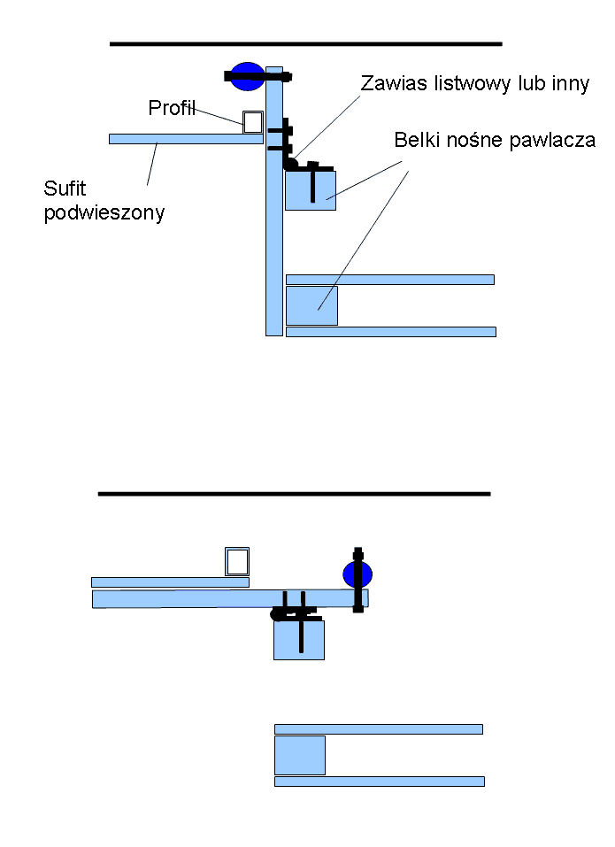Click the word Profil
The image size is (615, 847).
coord(172,108)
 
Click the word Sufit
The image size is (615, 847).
coord(65,189)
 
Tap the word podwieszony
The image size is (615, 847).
coord(104,213)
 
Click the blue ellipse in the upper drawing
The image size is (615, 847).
coord(247,76)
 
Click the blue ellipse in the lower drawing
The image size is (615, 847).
coord(357,574)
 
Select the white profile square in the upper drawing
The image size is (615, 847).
coord(253,122)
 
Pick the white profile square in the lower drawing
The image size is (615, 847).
coord(237,562)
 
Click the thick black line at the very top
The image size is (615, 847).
coord(306,43)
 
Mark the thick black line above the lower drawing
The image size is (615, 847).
coord(295,494)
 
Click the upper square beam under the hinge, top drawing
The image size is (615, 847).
coord(311,190)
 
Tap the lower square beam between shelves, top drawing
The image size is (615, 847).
coord(311,305)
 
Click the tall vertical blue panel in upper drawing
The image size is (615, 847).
coord(274,202)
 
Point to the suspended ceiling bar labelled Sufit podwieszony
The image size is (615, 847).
coord(187,139)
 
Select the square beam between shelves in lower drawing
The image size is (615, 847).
coord(300,755)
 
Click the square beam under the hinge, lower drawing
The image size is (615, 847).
coord(299,640)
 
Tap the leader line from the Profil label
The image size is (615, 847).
coord(219,117)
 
